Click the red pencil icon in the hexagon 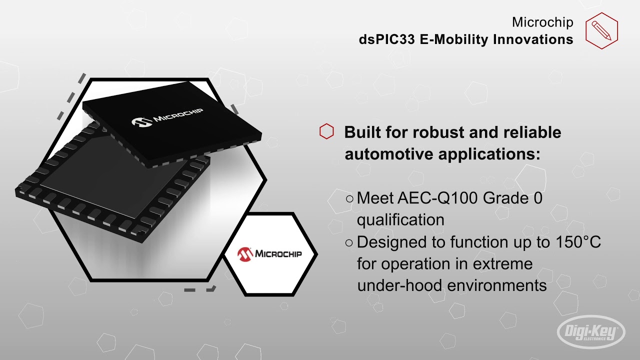coord(601,30)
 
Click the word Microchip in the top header coord(542,22)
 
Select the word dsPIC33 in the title coord(387,39)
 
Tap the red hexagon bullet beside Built coord(326,131)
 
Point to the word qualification coord(400,219)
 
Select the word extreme coord(502,263)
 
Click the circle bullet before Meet coord(349,198)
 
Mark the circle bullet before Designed coord(349,242)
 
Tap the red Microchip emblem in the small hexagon coord(245,253)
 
